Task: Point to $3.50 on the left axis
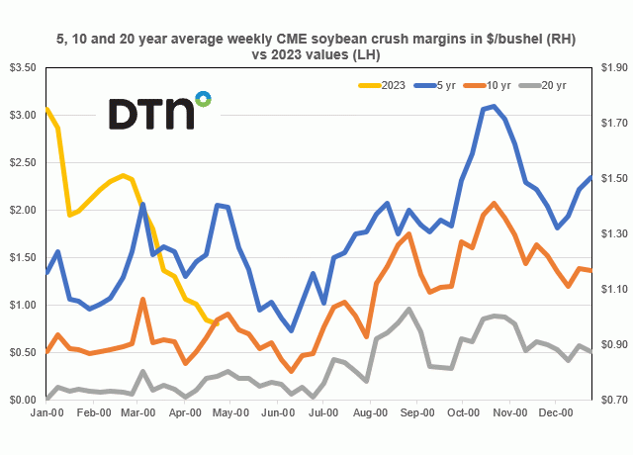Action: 22,67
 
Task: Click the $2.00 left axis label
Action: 22,210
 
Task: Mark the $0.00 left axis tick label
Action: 22,400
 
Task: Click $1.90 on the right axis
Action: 612,67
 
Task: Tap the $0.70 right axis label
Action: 612,400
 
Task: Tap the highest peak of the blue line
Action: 493,106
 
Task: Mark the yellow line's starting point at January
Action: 47,108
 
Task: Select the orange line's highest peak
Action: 493,204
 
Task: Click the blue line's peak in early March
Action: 143,205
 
